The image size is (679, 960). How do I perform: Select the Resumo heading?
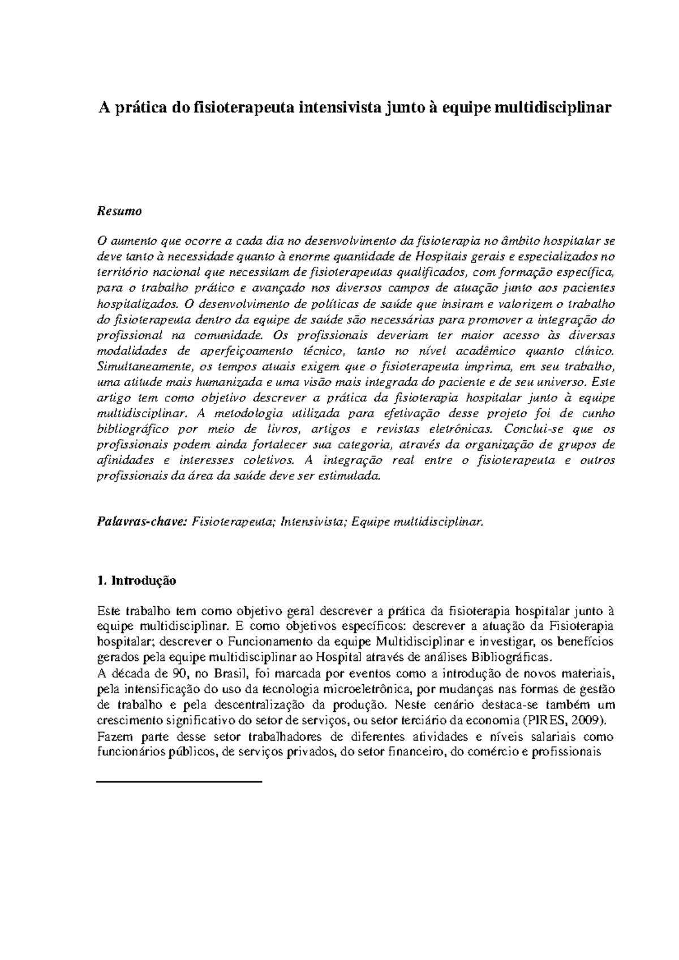pyautogui.click(x=119, y=211)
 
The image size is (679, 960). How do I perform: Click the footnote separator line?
pyautogui.click(x=180, y=781)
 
